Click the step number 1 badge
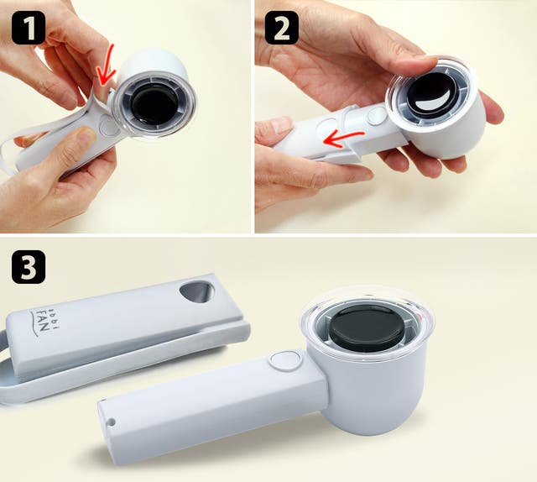tap(29, 28)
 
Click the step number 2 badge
tap(282, 28)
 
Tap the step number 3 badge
tap(29, 266)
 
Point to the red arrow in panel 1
tap(107, 68)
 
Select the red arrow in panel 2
tap(343, 139)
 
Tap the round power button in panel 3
tap(285, 360)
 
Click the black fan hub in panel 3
tap(364, 325)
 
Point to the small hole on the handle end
tap(111, 421)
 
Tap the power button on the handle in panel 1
tap(109, 126)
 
